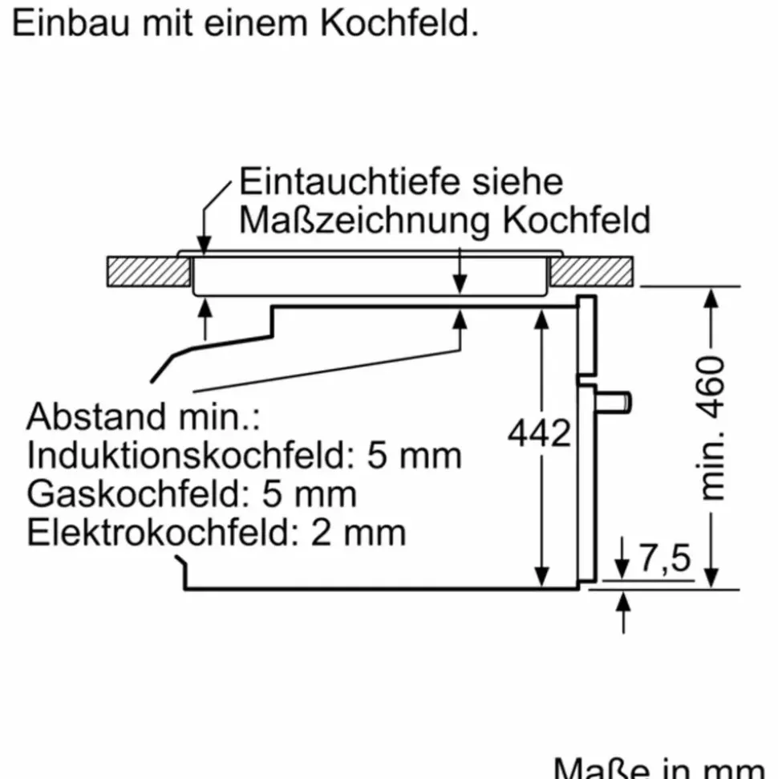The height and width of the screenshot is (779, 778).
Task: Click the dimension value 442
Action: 539,432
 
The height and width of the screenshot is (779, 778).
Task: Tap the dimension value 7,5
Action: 665,558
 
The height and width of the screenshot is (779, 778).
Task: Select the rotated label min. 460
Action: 711,428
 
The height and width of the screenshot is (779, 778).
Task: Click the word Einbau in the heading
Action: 71,22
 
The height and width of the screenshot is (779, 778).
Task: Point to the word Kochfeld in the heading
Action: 399,22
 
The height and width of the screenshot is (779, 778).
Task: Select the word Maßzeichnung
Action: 365,221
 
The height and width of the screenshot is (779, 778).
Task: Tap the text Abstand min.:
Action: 144,416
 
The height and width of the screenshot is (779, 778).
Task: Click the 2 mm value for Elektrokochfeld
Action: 359,533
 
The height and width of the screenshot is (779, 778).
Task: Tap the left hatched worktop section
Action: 148,271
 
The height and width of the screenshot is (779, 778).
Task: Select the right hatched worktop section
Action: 592,271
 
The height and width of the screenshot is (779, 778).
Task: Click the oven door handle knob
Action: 614,402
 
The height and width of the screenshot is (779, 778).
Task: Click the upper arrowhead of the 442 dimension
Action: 541,319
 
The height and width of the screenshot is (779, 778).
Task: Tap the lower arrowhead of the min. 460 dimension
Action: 711,578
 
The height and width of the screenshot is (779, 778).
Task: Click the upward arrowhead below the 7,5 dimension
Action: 623,602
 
